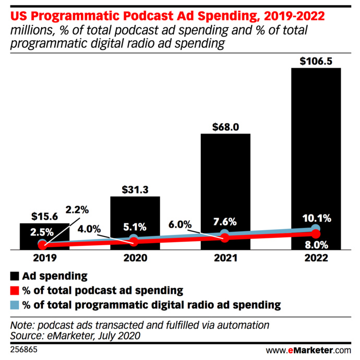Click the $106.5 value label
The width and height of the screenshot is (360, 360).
[x=316, y=61]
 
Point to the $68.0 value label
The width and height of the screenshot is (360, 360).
[x=225, y=126]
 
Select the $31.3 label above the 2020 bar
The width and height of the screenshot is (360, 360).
[x=135, y=189]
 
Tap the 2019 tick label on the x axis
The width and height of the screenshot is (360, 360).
[x=44, y=258]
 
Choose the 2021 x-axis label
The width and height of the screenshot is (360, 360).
[x=225, y=258]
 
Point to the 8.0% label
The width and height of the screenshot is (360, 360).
[x=316, y=244]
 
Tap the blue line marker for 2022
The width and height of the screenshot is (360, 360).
[x=316, y=230]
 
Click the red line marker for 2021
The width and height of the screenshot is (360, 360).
[x=225, y=238]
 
